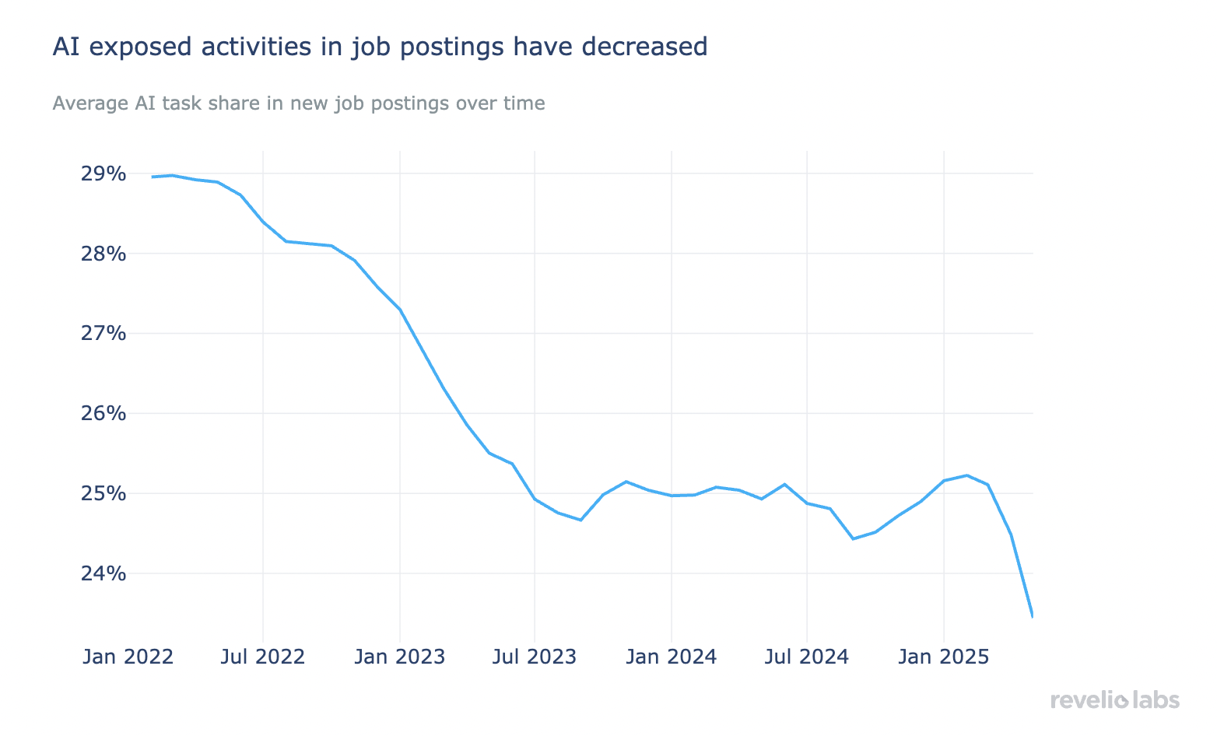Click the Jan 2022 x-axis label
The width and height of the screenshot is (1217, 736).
point(128,657)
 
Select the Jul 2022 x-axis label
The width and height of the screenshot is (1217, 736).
point(263,657)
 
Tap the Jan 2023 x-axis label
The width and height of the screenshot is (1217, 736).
point(399,657)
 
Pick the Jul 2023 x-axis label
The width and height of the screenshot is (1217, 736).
point(535,657)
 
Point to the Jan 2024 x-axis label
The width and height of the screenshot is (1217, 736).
point(671,657)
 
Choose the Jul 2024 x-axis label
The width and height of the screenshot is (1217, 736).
point(807,657)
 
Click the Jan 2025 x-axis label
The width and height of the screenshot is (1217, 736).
point(943,657)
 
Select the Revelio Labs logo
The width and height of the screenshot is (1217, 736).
point(1114,700)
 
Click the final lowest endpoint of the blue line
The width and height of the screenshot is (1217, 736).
point(1032,616)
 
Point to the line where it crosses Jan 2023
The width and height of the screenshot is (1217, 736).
point(399,310)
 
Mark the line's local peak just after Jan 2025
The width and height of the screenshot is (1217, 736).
point(966,475)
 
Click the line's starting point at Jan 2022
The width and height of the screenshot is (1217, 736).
point(153,177)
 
